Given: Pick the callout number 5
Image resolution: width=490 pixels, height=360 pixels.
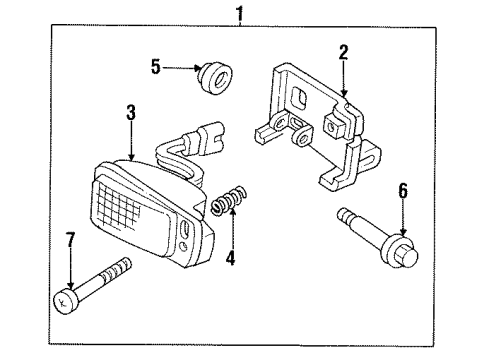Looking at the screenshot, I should coord(156,68).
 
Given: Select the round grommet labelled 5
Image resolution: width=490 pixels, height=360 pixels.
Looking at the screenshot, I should coord(213,77).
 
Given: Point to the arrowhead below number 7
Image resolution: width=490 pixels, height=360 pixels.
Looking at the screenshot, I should coord(70,287).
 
